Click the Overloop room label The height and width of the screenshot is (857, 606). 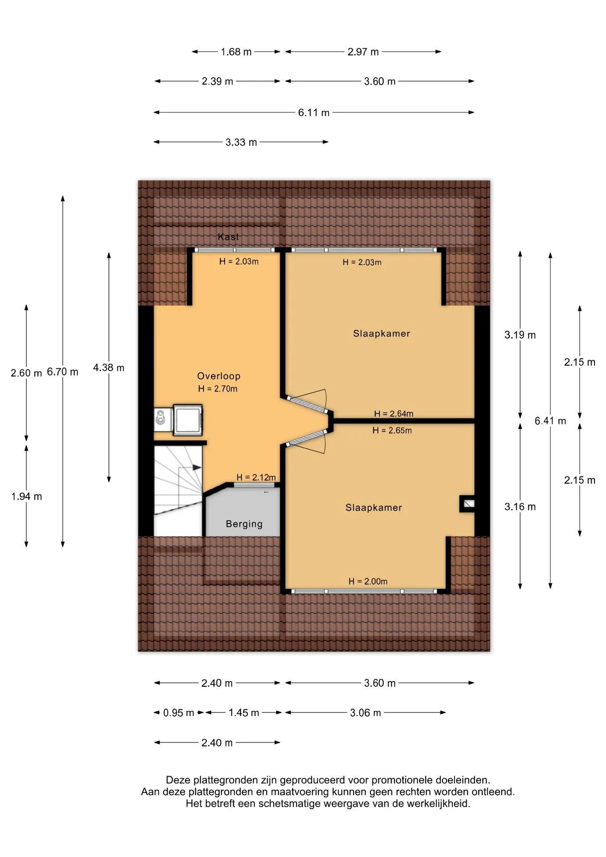coord(219,376)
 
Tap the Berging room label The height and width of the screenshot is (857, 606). coord(244,524)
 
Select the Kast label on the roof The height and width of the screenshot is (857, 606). coord(228,237)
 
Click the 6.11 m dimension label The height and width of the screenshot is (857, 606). coord(314,112)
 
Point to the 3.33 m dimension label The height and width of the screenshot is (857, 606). coord(241,142)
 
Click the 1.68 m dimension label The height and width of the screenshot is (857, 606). coord(236,52)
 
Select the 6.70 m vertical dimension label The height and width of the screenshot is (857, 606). coord(62,372)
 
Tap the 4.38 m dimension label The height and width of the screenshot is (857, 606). coord(108,368)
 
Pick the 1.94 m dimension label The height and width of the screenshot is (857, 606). coord(27,496)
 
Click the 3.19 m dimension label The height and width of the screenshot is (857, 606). coord(520,335)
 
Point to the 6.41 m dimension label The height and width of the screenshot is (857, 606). coord(550,420)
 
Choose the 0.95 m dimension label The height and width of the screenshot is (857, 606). coord(178,713)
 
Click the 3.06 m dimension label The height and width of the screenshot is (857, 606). coord(365,713)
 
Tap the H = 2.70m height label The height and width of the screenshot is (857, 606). coord(218,389)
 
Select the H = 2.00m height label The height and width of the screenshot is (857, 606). coord(368,581)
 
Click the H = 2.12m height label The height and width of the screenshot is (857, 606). coord(256,477)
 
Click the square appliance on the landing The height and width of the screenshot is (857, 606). coord(188,420)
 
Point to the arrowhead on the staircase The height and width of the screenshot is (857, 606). coord(197,467)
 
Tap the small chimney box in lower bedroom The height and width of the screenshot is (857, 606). coord(467,504)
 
